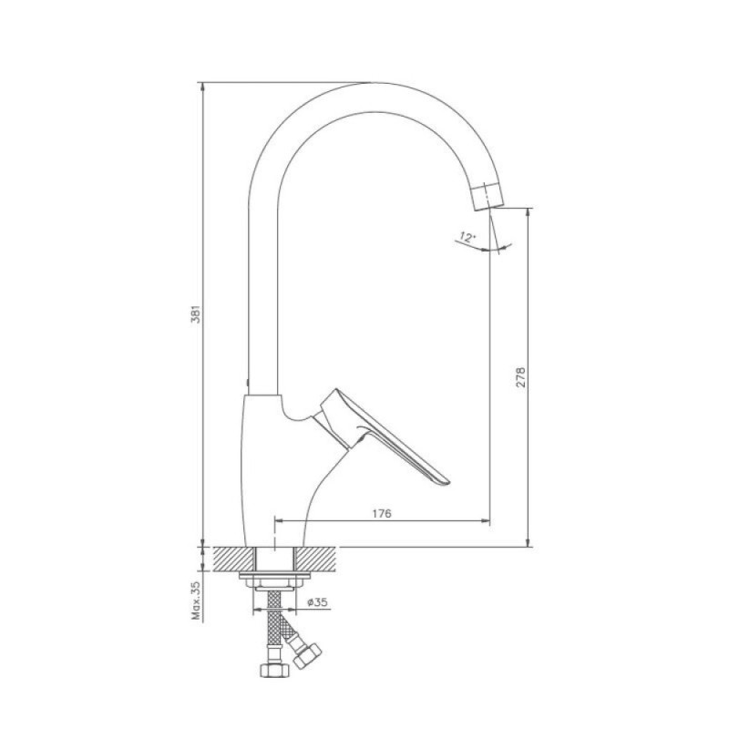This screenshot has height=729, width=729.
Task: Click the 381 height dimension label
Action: [x=196, y=313]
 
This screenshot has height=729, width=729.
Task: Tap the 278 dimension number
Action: [x=520, y=377]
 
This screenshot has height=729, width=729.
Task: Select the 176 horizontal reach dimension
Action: [x=382, y=513]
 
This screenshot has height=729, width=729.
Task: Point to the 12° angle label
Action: [x=467, y=238]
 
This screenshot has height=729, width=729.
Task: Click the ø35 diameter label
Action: [x=317, y=602]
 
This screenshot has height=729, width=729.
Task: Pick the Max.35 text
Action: [x=196, y=601]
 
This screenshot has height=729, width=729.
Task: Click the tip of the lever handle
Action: [x=447, y=482]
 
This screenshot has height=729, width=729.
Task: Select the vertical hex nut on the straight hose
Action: [x=274, y=670]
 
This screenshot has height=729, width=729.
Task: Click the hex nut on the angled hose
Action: [x=308, y=655]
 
